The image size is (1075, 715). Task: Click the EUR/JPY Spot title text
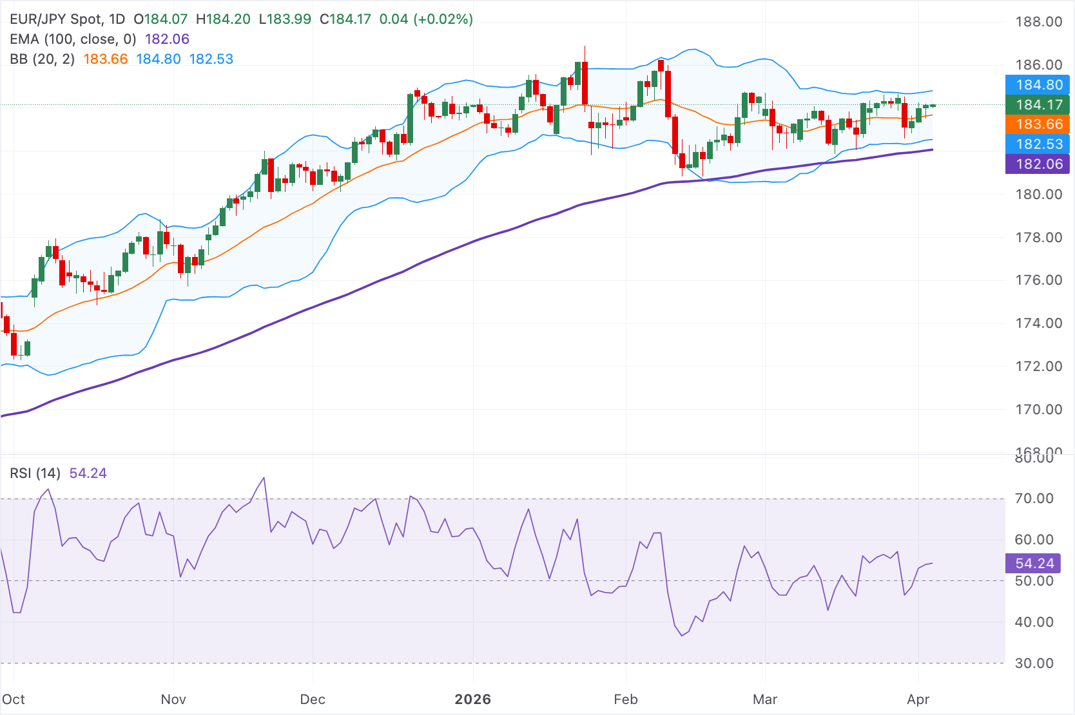[x=56, y=19]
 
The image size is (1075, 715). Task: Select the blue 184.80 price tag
[x=1037, y=84]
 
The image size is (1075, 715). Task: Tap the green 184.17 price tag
[x=1037, y=104]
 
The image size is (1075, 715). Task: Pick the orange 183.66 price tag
[x=1037, y=124]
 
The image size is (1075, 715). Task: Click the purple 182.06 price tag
[x=1037, y=164]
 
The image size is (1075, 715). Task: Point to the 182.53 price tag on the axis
[x=1037, y=144]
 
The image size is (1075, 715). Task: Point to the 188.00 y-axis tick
[x=1038, y=22]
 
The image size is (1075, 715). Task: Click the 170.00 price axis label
[x=1038, y=410]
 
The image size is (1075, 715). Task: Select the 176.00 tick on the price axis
[x=1038, y=280]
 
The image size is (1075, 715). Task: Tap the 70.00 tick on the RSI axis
[x=1034, y=499]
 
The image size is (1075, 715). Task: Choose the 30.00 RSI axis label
[x=1034, y=663]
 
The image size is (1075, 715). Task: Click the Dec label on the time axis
[x=313, y=700]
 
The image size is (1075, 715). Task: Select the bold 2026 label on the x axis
[x=472, y=700]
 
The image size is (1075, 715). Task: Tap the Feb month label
[x=625, y=700]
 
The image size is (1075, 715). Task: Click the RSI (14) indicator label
[x=35, y=473]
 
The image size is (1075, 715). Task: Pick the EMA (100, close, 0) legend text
[x=73, y=39]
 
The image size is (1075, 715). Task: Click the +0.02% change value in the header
[x=445, y=19]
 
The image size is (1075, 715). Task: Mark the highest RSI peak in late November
[x=264, y=478]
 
